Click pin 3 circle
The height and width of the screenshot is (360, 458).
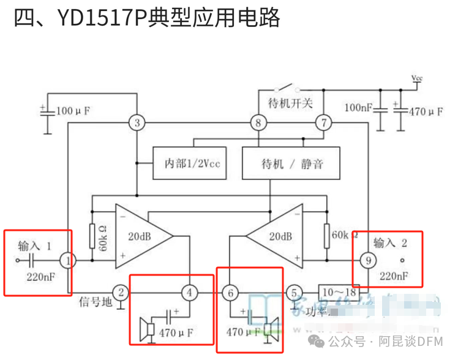coord(137,123)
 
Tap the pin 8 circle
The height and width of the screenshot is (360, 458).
coord(258,123)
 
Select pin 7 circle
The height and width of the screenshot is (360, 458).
coord(323,123)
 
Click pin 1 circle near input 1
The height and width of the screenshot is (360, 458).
coord(69,260)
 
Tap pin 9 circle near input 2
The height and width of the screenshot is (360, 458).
coord(368,260)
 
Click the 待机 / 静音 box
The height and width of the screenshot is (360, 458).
coord(291,163)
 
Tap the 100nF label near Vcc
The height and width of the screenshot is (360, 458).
coord(357,108)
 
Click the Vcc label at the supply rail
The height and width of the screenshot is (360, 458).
coord(416,78)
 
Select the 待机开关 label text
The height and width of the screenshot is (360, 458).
coord(290,100)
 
